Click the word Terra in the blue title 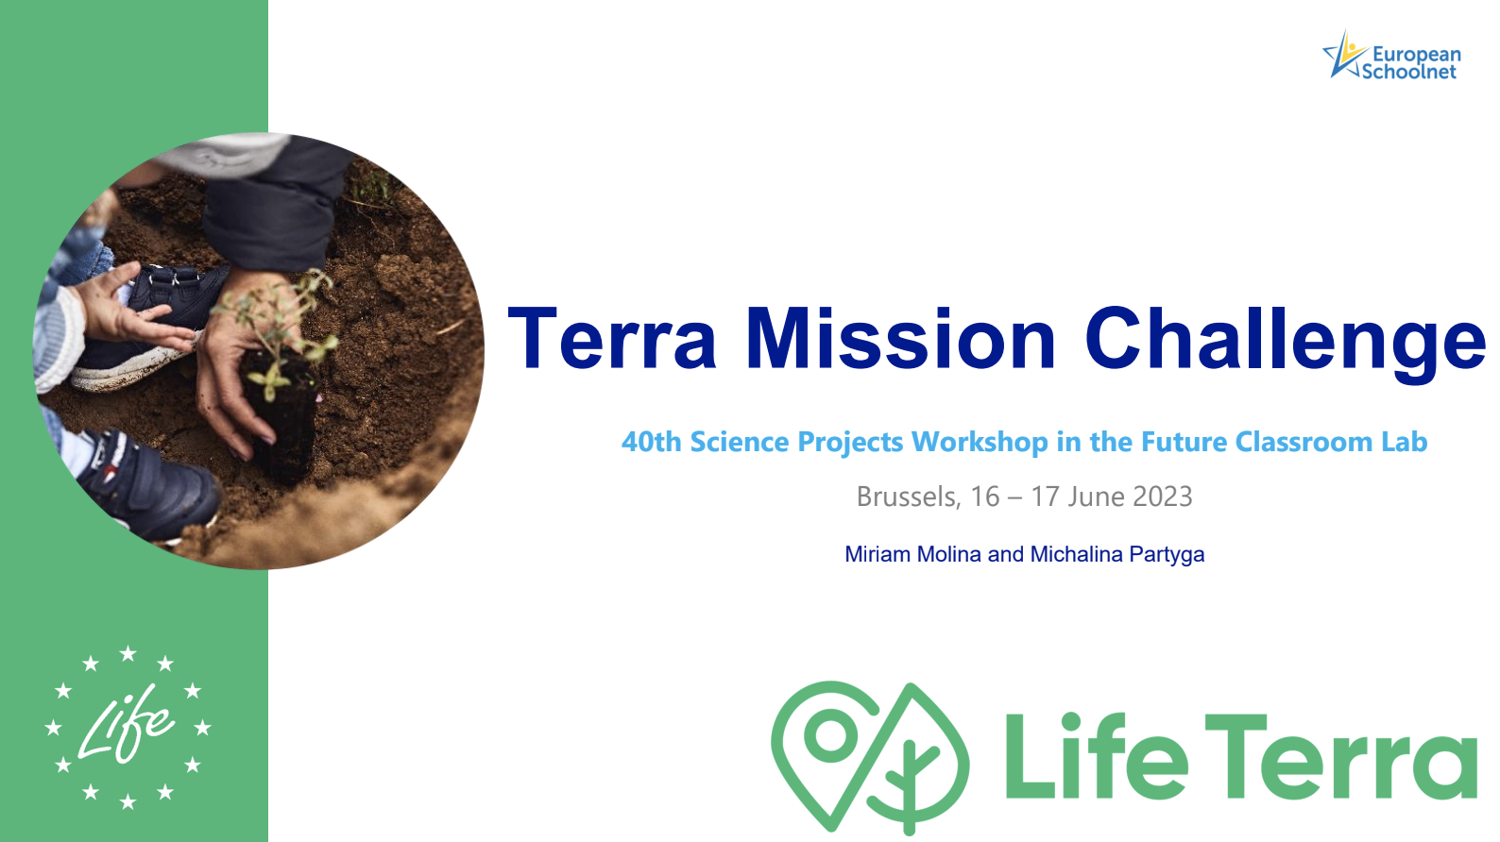point(612,337)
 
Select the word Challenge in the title point(1285,343)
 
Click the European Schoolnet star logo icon point(1343,55)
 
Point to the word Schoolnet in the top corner point(1409,72)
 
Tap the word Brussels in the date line point(908,497)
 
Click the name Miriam point(878,554)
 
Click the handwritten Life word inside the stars point(126,724)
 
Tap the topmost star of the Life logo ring point(128,653)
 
